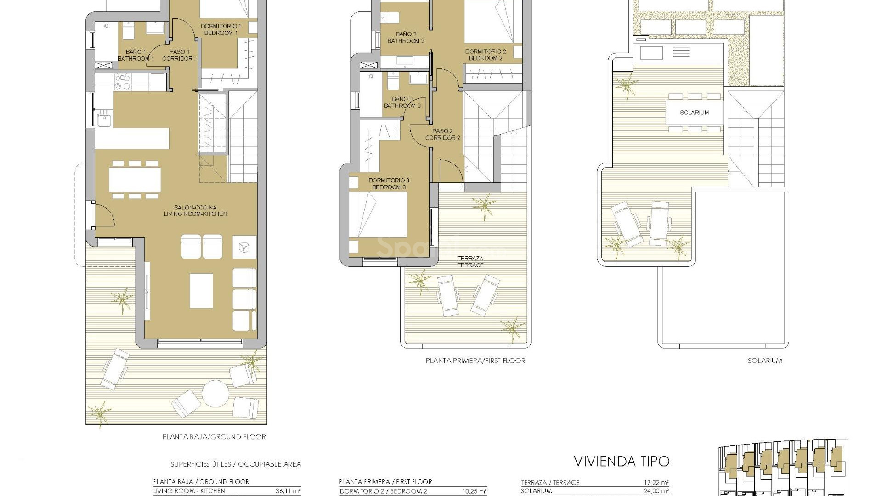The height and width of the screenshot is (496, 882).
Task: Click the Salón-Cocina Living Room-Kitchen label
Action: pyautogui.click(x=195, y=210)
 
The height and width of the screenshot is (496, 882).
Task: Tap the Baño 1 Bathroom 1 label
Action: pyautogui.click(x=136, y=55)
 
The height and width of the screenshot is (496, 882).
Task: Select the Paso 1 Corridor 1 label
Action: pyautogui.click(x=179, y=55)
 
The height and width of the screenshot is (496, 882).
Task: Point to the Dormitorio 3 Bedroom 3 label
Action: pyautogui.click(x=389, y=184)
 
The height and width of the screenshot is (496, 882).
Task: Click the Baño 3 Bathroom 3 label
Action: pyautogui.click(x=402, y=102)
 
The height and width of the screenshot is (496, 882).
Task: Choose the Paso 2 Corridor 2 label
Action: pyautogui.click(x=442, y=134)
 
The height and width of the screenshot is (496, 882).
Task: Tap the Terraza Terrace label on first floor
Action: pyautogui.click(x=470, y=262)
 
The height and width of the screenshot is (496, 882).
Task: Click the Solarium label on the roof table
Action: pyautogui.click(x=695, y=113)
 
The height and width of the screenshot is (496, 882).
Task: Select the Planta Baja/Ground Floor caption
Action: pyautogui.click(x=214, y=437)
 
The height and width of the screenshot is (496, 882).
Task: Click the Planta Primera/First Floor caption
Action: pyautogui.click(x=475, y=361)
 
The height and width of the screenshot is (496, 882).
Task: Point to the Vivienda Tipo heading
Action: pyautogui.click(x=622, y=461)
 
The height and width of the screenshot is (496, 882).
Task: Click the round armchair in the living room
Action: pyautogui.click(x=243, y=248)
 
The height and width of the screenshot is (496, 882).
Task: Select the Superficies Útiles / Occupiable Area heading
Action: pyautogui.click(x=236, y=464)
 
